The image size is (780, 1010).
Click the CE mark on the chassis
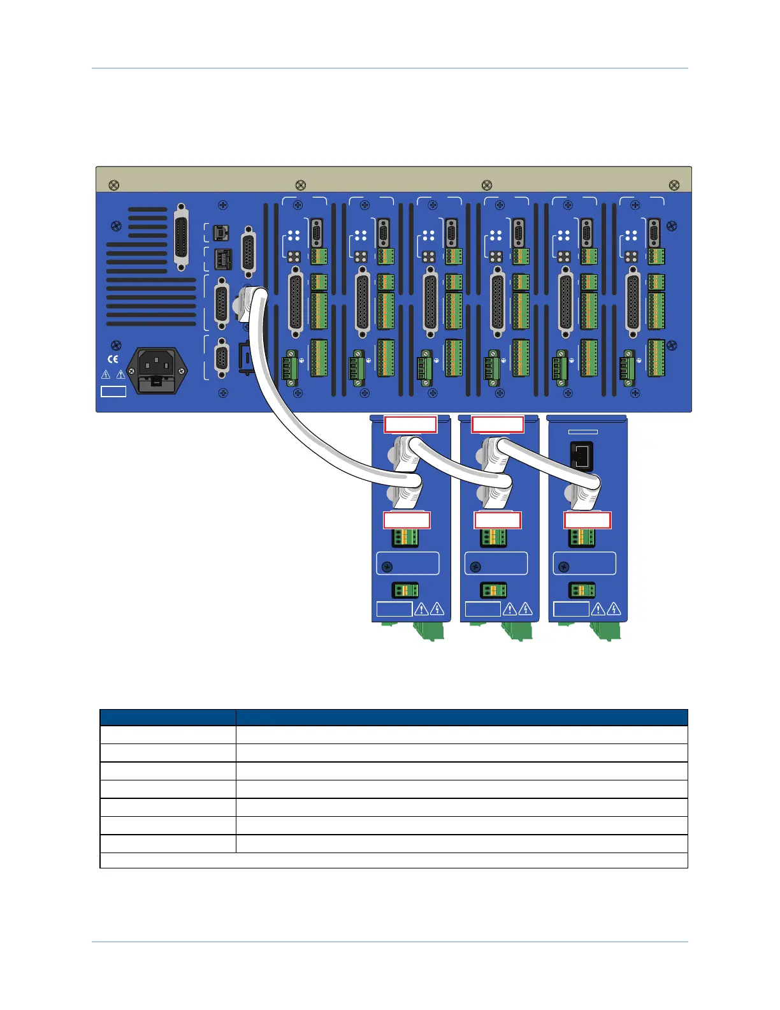tap(113, 359)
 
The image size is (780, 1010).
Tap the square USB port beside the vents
tap(220, 231)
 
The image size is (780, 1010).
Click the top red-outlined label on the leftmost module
tap(410, 424)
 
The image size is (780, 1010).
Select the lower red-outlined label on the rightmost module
tap(588, 520)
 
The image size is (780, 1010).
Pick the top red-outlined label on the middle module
tap(498, 424)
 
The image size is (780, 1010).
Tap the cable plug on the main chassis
tap(250, 300)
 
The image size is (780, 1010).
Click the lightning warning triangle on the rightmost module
tap(614, 609)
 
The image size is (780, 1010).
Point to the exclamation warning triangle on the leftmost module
tap(421, 609)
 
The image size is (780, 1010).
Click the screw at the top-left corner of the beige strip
tap(113, 186)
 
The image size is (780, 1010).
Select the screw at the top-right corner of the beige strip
tap(674, 186)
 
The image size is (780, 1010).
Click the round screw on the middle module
tap(475, 566)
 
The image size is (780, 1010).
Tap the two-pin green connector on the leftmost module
tap(405, 590)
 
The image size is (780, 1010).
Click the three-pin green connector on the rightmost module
tap(581, 538)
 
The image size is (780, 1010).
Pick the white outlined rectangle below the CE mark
tap(113, 391)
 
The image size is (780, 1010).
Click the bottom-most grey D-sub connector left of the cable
tap(221, 358)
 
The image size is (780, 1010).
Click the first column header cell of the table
tap(168, 717)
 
